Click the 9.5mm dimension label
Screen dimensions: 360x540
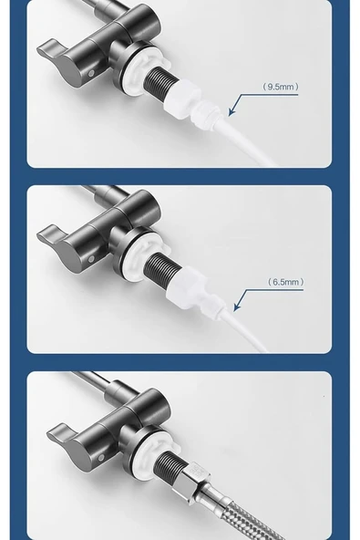click(x=281, y=87)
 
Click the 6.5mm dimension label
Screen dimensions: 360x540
click(x=286, y=282)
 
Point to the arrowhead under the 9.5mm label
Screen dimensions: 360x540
click(x=232, y=111)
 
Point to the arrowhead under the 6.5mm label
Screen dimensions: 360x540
click(x=237, y=306)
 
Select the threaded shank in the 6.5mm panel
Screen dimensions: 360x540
click(x=161, y=267)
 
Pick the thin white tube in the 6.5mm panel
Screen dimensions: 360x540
click(x=246, y=330)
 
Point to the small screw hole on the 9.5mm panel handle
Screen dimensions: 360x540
click(x=91, y=73)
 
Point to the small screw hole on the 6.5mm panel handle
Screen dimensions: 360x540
click(x=91, y=259)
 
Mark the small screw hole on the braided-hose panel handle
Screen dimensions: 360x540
click(x=101, y=458)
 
